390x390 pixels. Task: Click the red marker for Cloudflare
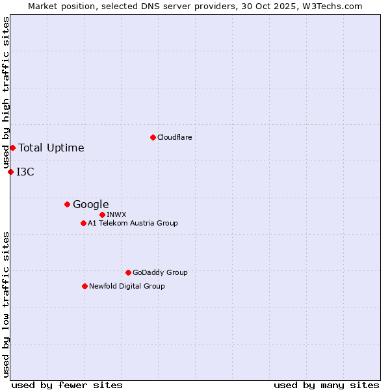point(153,137)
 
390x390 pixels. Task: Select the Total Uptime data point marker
point(12,148)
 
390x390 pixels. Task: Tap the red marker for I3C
point(10,172)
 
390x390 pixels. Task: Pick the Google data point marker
point(67,204)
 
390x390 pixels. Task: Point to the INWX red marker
point(102,214)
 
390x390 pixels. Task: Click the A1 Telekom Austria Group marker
point(83,223)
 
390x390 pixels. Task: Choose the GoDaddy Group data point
point(128,272)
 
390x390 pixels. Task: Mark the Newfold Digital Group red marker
point(84,286)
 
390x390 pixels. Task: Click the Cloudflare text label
point(174,137)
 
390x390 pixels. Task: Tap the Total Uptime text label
point(51,148)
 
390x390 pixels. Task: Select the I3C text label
point(25,172)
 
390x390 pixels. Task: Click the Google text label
point(90,204)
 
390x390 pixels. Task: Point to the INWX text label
point(116,214)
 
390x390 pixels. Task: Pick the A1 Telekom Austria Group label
point(133,223)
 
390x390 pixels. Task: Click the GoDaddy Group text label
point(160,272)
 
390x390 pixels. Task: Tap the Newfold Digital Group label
point(127,286)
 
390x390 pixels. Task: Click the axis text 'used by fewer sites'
point(67,385)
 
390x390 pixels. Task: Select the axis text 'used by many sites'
point(326,385)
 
